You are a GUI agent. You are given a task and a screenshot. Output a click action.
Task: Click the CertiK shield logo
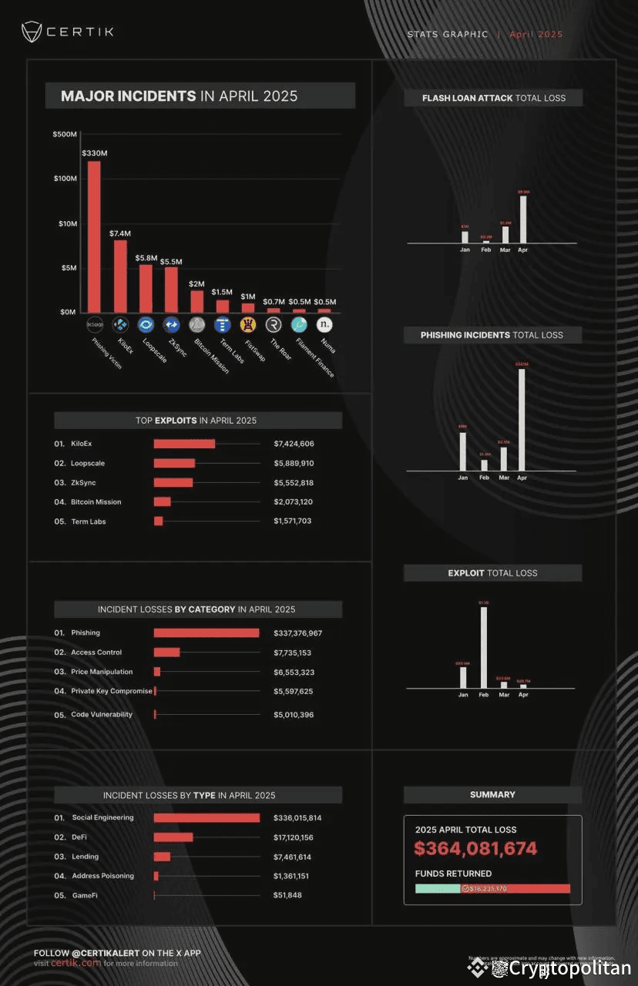tap(32, 32)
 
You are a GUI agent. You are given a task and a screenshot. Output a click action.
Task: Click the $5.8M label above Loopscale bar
tap(145, 257)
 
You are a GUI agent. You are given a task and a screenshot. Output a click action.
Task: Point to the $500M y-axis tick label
tap(65, 135)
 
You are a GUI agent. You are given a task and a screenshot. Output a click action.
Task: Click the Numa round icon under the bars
tap(325, 325)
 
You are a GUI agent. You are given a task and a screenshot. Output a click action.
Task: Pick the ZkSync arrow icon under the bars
tap(171, 325)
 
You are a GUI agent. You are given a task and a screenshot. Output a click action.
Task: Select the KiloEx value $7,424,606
tap(294, 444)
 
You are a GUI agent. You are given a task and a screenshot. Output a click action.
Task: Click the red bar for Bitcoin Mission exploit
tap(162, 502)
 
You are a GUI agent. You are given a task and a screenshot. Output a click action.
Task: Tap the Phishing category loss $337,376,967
tap(297, 633)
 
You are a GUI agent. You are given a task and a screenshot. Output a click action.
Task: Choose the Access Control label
tap(96, 652)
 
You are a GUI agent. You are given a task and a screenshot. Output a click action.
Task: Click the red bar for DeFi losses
tap(173, 837)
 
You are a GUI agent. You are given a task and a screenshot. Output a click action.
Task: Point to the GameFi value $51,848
tap(287, 895)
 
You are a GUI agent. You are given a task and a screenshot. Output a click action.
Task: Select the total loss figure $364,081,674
tap(475, 849)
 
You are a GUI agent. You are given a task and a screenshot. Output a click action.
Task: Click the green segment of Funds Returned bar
tap(438, 888)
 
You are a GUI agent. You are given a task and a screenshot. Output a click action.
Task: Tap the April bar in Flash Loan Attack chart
tap(523, 220)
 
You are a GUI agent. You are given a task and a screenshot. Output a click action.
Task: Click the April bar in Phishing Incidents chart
tap(522, 420)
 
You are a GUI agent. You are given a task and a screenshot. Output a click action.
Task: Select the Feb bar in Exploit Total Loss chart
tap(484, 647)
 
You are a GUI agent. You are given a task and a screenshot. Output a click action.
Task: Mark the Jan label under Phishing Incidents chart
tap(462, 478)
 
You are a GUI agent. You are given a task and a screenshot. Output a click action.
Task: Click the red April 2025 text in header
tap(536, 34)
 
